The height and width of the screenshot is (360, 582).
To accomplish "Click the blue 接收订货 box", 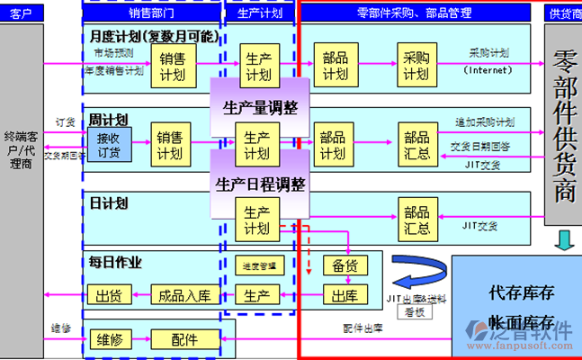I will click(109, 145).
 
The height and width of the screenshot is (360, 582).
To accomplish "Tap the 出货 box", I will click(109, 295).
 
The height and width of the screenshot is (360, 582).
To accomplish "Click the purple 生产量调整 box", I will click(260, 108).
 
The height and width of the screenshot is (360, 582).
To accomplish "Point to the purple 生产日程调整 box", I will click(260, 184).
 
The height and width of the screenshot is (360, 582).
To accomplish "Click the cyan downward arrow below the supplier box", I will click(563, 240).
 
